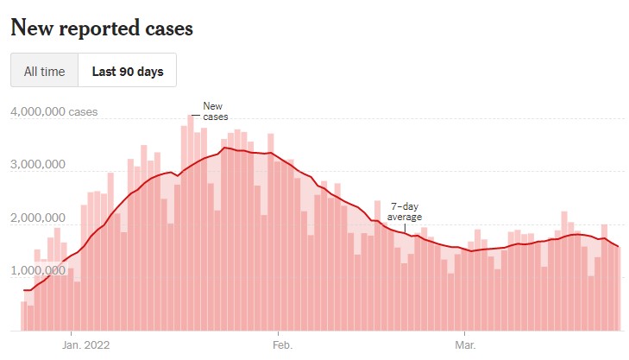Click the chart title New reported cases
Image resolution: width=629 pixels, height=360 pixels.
point(101,28)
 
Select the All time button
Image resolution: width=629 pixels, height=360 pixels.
point(44,72)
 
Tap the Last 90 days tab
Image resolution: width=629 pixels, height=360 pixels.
point(128,72)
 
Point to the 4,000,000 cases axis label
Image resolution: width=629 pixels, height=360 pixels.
point(53,112)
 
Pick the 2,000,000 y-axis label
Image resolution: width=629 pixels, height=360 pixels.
point(41,218)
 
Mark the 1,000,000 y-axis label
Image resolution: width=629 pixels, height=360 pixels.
point(41,272)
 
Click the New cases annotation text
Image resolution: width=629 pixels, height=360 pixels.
point(212,111)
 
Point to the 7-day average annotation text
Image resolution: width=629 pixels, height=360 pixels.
point(405,212)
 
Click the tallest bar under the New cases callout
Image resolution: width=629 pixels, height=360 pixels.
point(191,224)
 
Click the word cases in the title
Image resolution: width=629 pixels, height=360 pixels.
point(167,28)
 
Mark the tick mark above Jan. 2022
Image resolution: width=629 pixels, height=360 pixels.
point(72,333)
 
